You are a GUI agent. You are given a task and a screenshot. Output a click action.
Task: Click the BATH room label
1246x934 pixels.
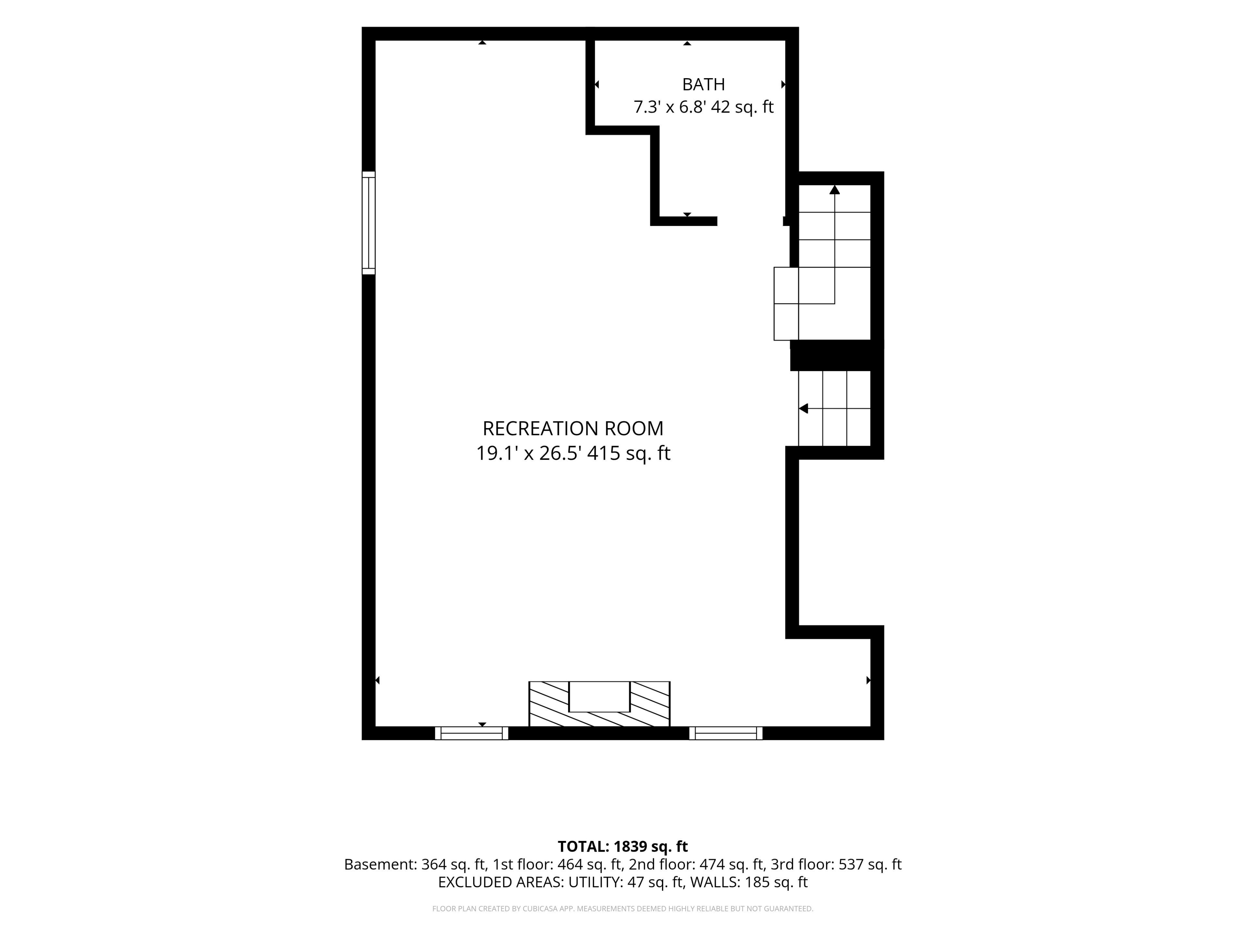703,84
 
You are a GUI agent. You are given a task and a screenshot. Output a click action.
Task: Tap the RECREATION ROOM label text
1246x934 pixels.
573,428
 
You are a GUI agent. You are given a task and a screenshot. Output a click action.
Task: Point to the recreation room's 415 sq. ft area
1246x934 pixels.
629,453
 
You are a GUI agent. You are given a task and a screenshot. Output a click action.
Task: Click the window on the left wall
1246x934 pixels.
368,223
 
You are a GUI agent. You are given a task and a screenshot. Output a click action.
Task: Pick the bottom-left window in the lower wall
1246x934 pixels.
471,733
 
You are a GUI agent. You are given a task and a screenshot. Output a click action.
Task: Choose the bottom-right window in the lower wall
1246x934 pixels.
726,733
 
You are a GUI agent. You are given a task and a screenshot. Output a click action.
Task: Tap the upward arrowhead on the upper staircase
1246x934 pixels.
834,190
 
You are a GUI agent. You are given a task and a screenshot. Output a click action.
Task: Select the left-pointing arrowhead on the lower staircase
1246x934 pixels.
803,408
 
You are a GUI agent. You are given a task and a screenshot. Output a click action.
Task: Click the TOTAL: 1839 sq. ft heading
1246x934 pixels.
622,847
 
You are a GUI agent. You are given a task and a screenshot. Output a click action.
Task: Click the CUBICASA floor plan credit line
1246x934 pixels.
622,909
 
